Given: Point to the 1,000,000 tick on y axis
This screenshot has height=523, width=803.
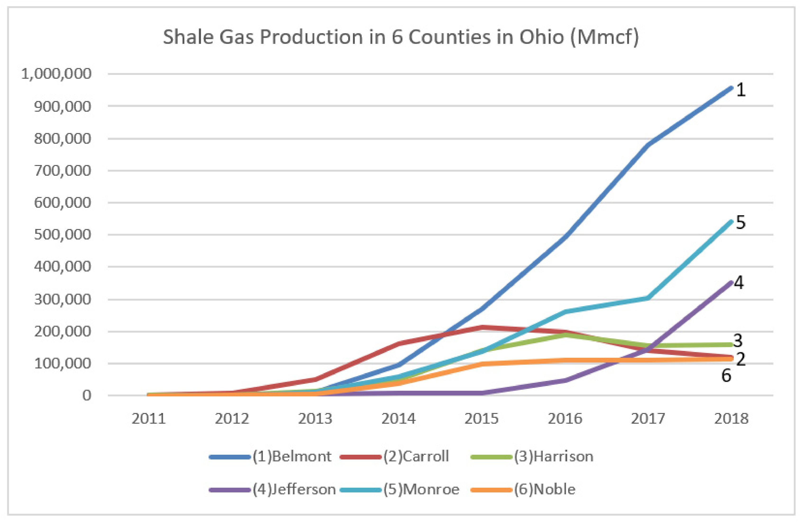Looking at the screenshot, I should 56,73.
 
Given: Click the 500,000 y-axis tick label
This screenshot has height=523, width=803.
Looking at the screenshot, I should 62,234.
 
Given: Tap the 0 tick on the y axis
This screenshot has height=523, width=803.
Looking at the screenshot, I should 87,395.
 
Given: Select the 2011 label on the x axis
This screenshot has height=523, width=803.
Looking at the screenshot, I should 148,419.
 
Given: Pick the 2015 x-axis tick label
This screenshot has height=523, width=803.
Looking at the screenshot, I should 481,419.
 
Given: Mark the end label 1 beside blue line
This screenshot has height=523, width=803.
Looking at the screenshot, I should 741,90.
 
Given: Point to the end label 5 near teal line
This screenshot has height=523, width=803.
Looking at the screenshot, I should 741,222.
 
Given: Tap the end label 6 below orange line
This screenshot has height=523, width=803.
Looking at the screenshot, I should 726,376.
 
